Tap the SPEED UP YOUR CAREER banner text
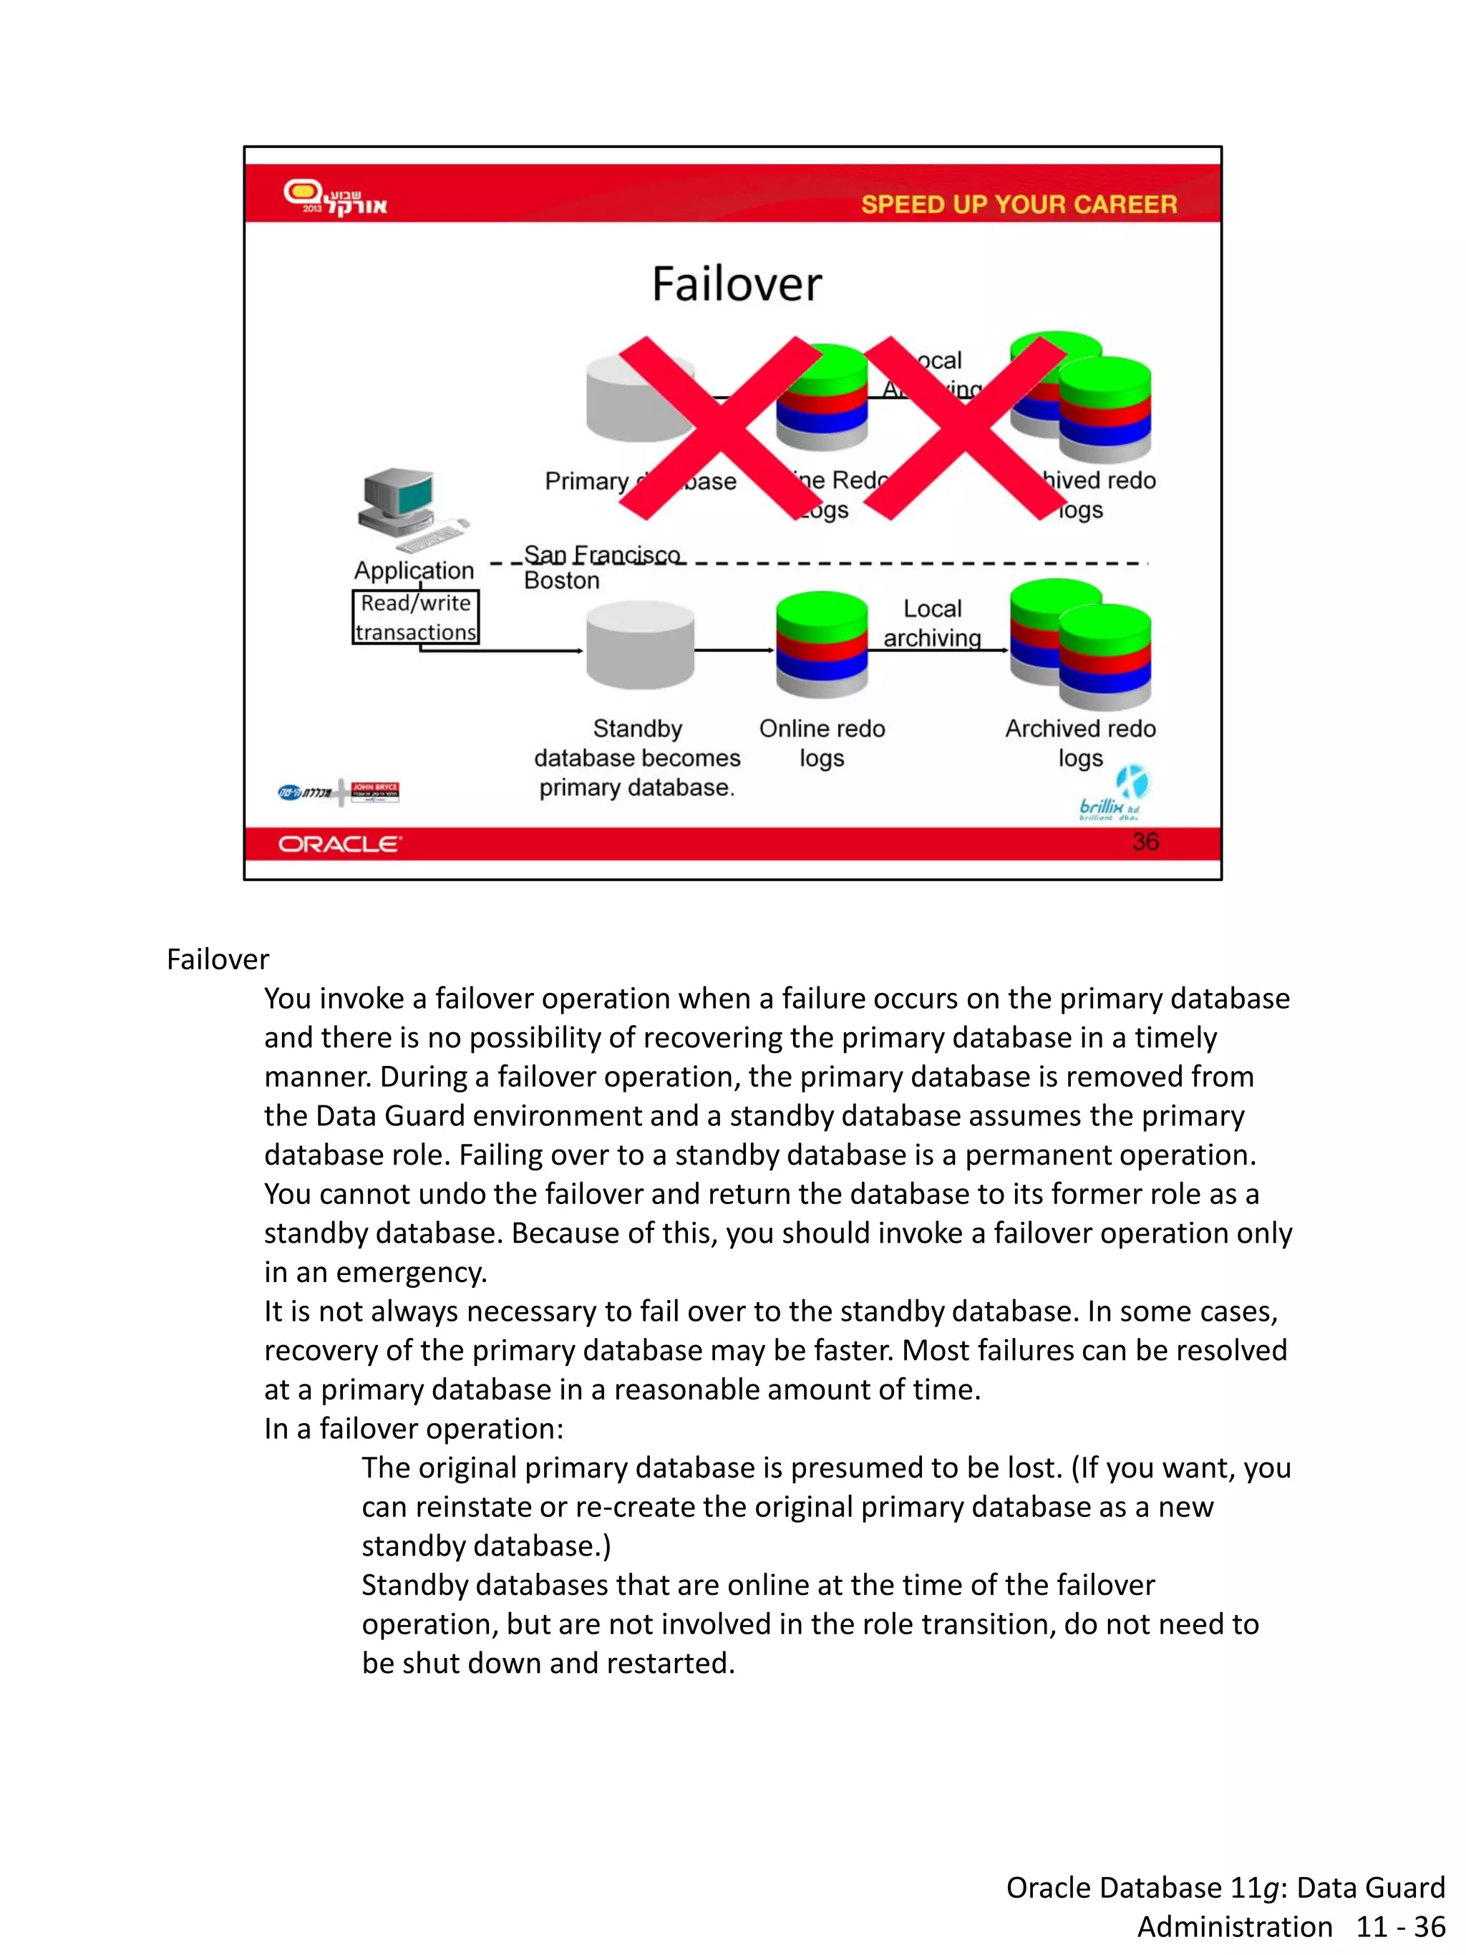click(1018, 204)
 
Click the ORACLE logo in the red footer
click(339, 844)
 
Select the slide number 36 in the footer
click(1145, 841)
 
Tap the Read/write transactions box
click(415, 617)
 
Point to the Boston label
click(561, 581)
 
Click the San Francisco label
click(602, 554)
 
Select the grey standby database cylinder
click(640, 645)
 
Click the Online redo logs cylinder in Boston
click(821, 645)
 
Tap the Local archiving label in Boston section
click(932, 623)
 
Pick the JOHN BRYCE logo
click(374, 791)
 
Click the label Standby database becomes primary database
click(637, 757)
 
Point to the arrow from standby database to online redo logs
click(734, 651)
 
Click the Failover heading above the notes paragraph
click(218, 959)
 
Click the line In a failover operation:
click(413, 1428)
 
